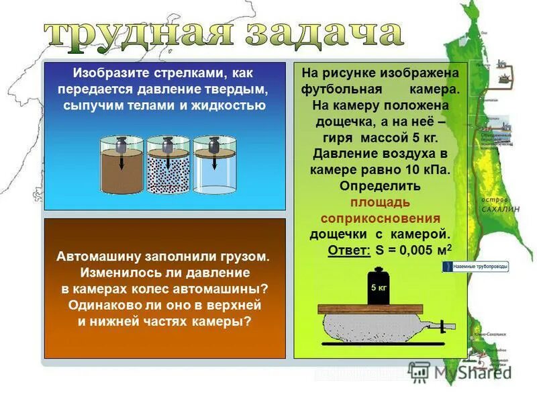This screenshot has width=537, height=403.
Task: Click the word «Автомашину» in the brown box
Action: tap(99, 256)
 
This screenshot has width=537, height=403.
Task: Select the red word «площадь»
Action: tap(379, 202)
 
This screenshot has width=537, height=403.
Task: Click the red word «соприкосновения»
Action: tap(380, 218)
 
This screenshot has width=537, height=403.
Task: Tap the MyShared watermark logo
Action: tap(463, 371)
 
